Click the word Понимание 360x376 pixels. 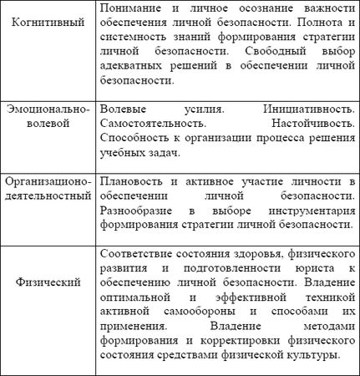pos(130,7)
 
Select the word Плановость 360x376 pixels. pos(130,180)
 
